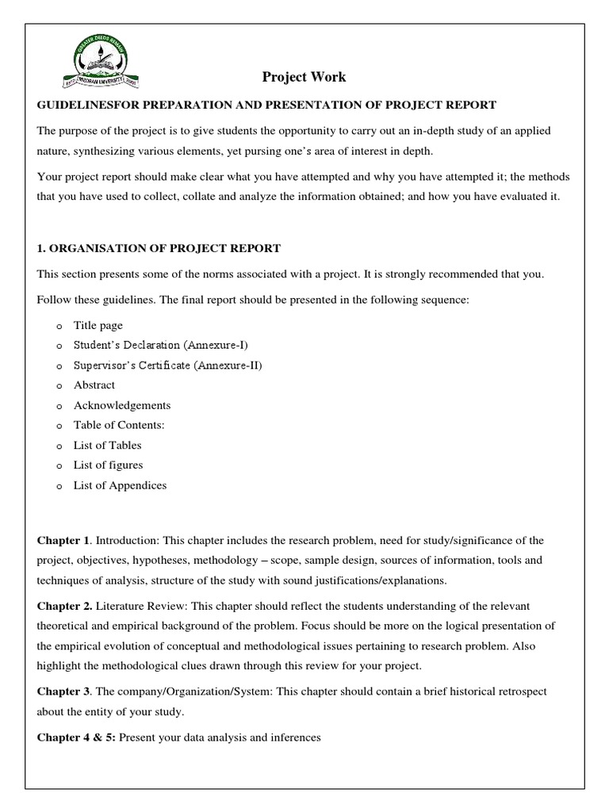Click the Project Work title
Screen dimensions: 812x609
[304, 77]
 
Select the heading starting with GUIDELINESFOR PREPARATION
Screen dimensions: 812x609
[266, 105]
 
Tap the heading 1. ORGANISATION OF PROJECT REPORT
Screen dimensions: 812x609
[159, 248]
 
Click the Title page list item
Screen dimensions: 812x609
[98, 325]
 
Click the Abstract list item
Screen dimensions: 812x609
[94, 385]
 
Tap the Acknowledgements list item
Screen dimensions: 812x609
[122, 405]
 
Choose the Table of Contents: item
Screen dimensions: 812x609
[119, 425]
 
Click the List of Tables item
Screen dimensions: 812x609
[107, 445]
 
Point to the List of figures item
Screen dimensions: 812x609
[108, 465]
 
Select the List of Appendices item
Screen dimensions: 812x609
[120, 485]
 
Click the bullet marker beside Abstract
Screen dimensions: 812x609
[59, 385]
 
